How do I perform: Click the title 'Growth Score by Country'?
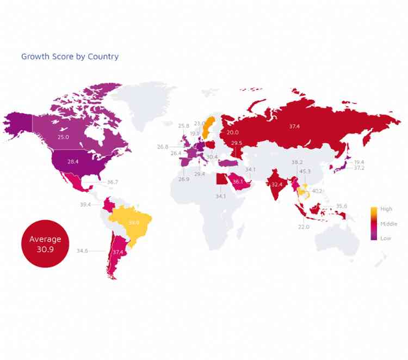coord(70,57)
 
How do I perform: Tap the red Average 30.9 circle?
coord(45,243)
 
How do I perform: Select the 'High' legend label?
coord(386,209)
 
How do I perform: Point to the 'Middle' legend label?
coord(388,224)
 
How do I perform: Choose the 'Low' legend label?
coord(385,238)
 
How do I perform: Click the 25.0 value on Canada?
coord(63,137)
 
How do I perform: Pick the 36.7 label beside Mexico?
coord(113,182)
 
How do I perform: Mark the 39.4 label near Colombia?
coord(86,205)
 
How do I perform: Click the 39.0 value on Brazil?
coord(134,222)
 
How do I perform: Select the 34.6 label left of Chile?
coord(82,251)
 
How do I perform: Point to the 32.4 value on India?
coord(277,185)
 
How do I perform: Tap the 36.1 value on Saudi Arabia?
coord(238,182)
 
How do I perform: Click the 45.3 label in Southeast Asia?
coord(305,172)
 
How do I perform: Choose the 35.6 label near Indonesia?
coord(341,206)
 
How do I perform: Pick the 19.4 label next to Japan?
coord(359,162)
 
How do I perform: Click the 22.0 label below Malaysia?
coord(304,227)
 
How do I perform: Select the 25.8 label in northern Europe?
coord(184,126)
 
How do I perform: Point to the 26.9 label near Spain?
coord(183,179)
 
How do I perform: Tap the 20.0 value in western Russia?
coord(232,132)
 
